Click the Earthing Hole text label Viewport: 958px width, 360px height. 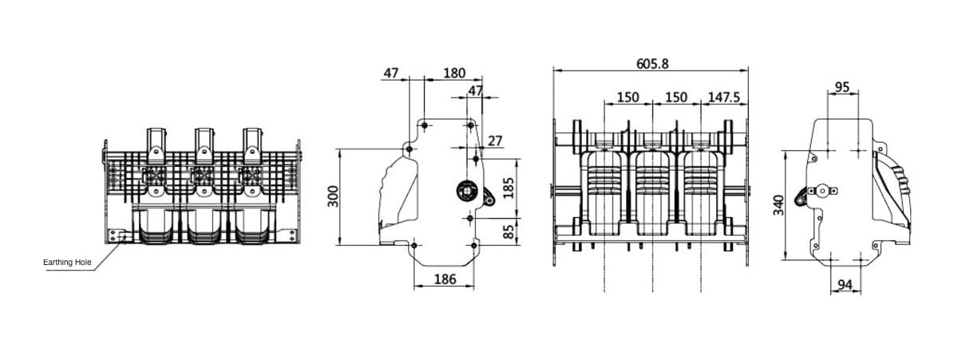click(x=68, y=262)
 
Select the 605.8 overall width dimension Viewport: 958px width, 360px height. click(x=652, y=64)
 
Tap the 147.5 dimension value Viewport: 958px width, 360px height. click(x=724, y=97)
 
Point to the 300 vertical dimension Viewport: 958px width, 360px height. click(x=333, y=196)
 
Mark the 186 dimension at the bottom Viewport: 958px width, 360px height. click(x=444, y=279)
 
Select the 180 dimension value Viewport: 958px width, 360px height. click(x=453, y=73)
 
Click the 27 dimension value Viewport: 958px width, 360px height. click(x=495, y=141)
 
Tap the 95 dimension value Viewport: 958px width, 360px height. click(x=842, y=86)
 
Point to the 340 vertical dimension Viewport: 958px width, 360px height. click(x=778, y=204)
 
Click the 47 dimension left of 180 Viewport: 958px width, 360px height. click(x=390, y=73)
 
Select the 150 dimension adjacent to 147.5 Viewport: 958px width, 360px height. click(x=676, y=97)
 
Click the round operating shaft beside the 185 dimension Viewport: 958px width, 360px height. click(x=465, y=191)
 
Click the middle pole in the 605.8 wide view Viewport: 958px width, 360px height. click(x=652, y=188)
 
